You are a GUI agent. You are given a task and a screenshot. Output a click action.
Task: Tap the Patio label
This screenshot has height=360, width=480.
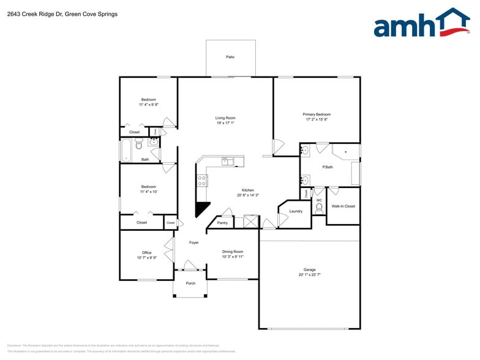point(230,57)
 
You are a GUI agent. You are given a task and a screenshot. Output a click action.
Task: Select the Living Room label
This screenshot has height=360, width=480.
point(225,118)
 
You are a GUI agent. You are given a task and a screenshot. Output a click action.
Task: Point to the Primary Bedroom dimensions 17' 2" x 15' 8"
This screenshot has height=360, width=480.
point(317,119)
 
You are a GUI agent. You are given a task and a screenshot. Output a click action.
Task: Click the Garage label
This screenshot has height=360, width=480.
point(309,269)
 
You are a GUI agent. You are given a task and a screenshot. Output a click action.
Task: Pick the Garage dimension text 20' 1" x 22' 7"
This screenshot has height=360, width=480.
point(309,275)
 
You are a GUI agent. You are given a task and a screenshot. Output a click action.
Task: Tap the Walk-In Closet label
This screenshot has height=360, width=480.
point(343,206)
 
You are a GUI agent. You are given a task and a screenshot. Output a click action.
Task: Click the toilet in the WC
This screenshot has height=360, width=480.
point(318,208)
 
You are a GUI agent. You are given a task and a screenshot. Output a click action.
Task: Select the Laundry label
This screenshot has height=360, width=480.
point(296,211)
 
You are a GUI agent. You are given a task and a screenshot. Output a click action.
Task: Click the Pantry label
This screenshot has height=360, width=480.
point(222,223)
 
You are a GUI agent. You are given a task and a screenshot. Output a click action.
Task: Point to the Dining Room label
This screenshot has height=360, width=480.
point(233,251)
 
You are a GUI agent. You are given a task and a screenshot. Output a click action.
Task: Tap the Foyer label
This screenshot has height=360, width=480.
point(193,242)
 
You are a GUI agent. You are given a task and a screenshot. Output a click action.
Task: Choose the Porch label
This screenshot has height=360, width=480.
point(190,283)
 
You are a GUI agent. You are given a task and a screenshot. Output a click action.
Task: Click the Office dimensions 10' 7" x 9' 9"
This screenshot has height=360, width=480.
point(147,258)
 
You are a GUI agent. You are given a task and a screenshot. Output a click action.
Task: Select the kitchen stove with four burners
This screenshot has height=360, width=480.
point(202,180)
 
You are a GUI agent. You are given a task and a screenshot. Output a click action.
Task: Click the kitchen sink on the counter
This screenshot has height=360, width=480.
point(227,162)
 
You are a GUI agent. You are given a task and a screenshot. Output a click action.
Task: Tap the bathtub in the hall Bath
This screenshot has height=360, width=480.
point(126,149)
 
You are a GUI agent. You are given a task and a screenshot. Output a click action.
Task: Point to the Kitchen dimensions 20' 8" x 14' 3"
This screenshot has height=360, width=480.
point(248,195)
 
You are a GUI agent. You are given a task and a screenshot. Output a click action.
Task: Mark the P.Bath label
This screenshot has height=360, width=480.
point(328,167)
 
